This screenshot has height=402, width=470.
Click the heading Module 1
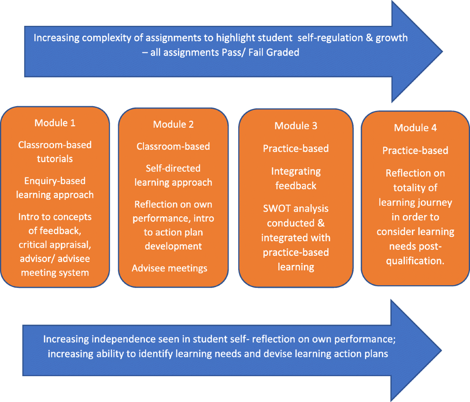55,123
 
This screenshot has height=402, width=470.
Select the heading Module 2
173,125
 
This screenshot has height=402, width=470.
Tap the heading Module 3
296,126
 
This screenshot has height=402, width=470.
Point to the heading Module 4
415,128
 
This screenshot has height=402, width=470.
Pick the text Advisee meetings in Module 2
170,268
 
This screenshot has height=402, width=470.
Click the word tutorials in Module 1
55,159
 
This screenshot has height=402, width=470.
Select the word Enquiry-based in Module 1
55,181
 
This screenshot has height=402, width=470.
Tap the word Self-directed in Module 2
173,168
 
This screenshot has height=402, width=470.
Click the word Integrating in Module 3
296,172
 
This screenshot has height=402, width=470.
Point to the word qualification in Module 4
414,261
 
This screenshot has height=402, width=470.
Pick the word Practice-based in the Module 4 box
415,151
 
